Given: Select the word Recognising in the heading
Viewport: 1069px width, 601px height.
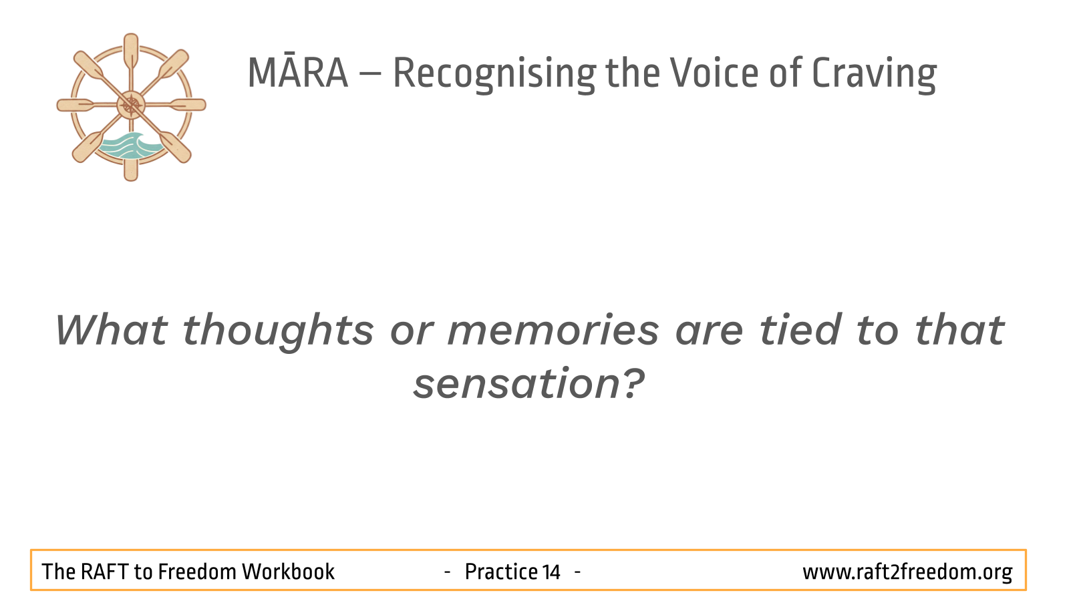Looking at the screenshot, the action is [494, 75].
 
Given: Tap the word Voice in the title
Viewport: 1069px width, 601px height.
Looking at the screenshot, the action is [714, 73].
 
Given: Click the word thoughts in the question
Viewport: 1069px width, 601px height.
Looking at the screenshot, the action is [278, 332].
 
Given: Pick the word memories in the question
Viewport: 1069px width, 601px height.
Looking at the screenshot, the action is [553, 330].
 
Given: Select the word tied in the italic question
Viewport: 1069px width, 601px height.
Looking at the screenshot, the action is [800, 330].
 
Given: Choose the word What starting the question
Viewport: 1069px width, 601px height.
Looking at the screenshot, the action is [111, 330].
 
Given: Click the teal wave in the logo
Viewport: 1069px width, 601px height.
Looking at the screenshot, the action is [130, 146].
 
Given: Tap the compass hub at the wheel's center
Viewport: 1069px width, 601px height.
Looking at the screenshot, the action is [131, 105].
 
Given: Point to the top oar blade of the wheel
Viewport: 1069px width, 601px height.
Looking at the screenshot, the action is [131, 51].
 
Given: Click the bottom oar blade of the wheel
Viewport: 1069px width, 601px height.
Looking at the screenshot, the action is [131, 170].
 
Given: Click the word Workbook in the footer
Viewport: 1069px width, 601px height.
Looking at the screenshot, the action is [288, 572].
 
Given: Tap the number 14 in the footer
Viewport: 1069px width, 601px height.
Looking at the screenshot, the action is [551, 572].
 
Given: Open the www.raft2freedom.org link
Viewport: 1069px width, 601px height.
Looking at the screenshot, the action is [907, 572].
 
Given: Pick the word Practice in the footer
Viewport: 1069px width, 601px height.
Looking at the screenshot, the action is [500, 572].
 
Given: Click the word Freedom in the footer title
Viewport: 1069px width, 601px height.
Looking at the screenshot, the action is [197, 572].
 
